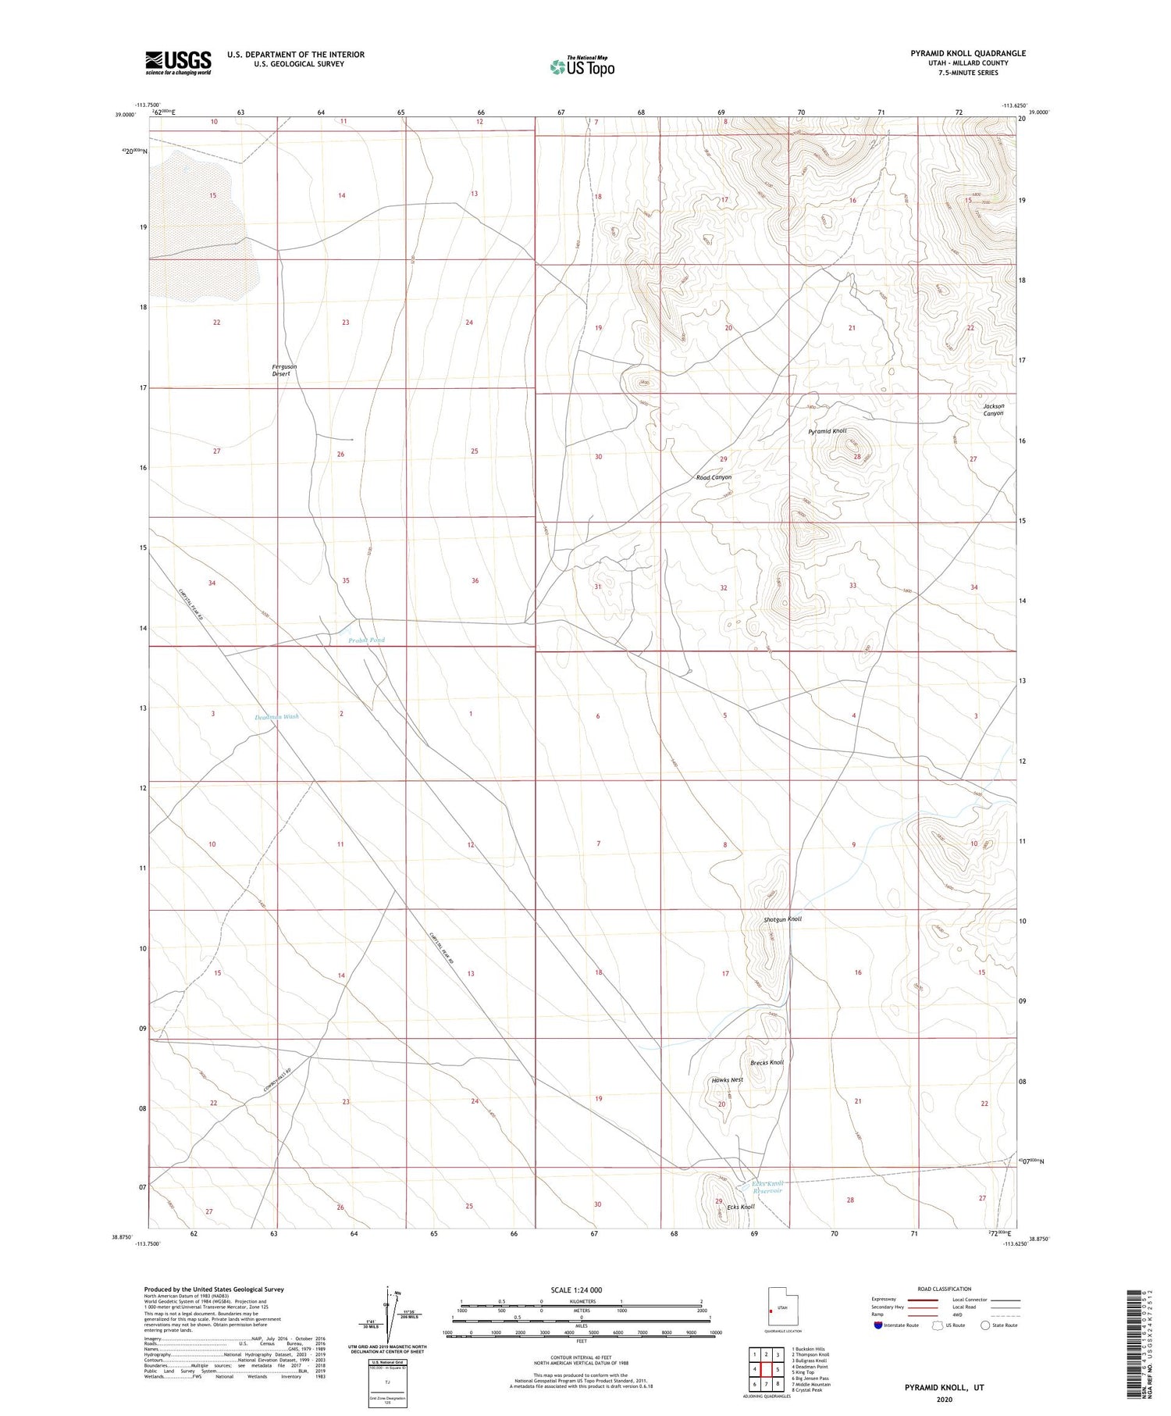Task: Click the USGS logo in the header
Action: click(x=178, y=62)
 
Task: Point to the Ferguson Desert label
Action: click(x=284, y=370)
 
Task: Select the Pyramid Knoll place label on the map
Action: click(x=827, y=431)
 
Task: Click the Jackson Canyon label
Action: click(x=994, y=409)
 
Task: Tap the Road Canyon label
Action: click(x=714, y=477)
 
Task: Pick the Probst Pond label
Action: click(x=366, y=640)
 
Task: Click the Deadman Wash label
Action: click(x=276, y=717)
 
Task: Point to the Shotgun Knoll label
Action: click(x=782, y=919)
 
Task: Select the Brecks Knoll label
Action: click(x=767, y=1063)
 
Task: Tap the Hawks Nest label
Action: click(x=727, y=1080)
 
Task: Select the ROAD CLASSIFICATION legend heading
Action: click(x=944, y=1289)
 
